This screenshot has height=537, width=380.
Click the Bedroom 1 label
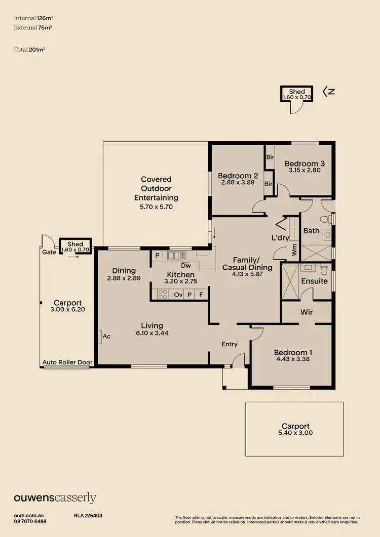(290, 352)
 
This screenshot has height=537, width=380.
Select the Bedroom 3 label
(305, 163)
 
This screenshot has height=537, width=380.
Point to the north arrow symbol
(329, 92)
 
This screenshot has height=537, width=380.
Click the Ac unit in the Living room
(106, 336)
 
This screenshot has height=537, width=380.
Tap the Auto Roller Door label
(66, 362)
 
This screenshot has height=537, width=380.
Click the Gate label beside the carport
(49, 252)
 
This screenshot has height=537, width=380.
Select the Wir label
(307, 312)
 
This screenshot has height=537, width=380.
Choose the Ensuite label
(314, 281)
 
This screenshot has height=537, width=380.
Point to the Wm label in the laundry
(294, 249)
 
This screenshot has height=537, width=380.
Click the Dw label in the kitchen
(185, 265)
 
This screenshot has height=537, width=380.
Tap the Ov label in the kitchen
(178, 294)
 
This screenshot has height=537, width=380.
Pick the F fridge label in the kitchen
(201, 294)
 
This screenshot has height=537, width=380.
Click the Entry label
(230, 344)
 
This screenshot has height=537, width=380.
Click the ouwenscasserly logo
(55, 498)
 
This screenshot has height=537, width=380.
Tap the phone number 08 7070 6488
(30, 521)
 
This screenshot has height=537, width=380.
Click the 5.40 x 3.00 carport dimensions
(295, 433)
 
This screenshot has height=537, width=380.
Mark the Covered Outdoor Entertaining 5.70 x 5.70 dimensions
(156, 206)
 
